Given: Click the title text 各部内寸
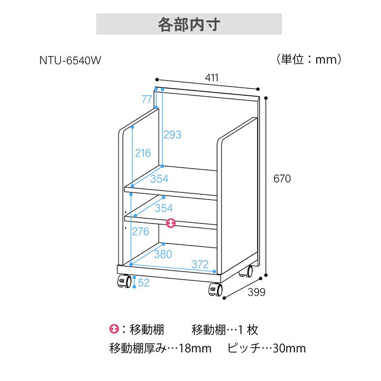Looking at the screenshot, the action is [x=189, y=25].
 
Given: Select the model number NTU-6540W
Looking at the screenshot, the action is [x=70, y=60].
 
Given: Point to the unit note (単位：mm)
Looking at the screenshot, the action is [x=309, y=60].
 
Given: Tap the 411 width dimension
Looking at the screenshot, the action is [x=211, y=78].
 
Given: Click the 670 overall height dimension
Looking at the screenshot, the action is [x=282, y=179].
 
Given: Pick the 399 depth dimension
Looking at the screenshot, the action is [x=256, y=292].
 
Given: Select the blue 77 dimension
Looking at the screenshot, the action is [x=147, y=99].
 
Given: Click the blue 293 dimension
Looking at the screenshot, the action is [x=172, y=135].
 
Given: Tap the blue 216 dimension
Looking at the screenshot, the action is [x=143, y=153].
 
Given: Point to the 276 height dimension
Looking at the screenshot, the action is [x=140, y=231].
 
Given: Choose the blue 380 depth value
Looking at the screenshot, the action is [x=163, y=254].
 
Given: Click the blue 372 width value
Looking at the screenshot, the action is [x=200, y=264].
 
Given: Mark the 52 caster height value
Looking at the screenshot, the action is [x=144, y=283].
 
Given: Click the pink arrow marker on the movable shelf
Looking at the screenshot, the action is [x=171, y=223].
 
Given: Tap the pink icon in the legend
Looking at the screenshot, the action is [x=114, y=329].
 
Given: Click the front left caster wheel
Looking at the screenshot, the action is [x=125, y=281].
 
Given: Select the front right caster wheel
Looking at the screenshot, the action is [x=216, y=290].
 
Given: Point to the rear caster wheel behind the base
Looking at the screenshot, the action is [x=246, y=271].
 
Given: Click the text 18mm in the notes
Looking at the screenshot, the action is [x=195, y=349].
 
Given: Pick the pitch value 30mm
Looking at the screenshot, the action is [x=289, y=349].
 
